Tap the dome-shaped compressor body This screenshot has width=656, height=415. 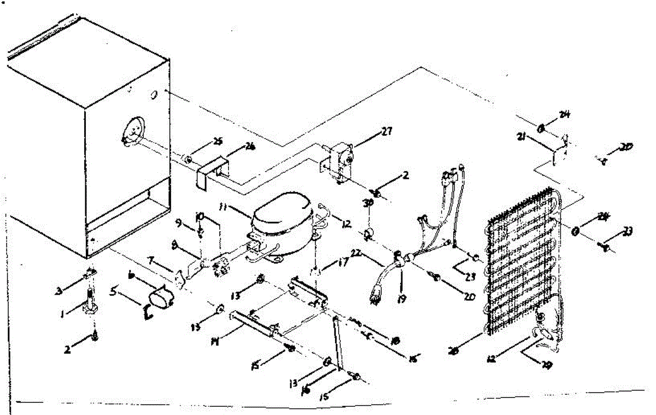[x=282, y=215]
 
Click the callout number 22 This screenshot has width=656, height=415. [x=355, y=253]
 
